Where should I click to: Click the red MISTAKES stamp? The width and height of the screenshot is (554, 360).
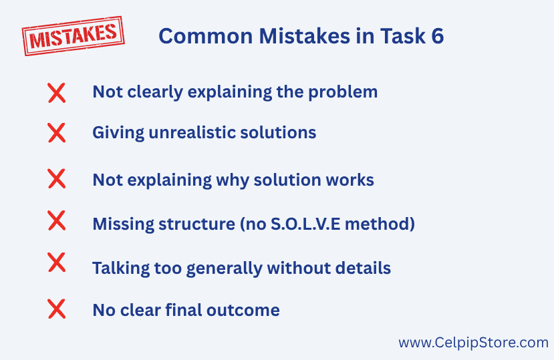pos(73,35)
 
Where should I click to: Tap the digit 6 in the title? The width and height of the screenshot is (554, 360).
pos(438,36)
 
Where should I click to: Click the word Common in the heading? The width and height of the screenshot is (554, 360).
pos(206,36)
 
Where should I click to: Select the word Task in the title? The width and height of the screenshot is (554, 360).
pos(403,36)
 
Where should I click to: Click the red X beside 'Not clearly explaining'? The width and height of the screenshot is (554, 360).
pos(57,93)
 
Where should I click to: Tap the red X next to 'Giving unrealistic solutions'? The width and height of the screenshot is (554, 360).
pos(57,133)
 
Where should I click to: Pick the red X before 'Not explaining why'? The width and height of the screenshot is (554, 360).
pos(57,178)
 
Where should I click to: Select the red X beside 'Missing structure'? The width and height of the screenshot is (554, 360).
pos(57,220)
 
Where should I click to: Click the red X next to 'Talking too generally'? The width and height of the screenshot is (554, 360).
pos(57,262)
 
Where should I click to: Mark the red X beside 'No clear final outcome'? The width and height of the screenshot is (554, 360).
pos(57,309)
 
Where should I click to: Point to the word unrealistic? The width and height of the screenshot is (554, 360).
pos(192,133)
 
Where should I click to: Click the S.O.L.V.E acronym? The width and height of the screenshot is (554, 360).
pos(305,224)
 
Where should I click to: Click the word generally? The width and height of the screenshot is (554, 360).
pos(225,268)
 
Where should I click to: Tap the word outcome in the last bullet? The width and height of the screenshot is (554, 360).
pos(243,310)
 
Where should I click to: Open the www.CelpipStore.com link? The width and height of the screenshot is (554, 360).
pos(473,343)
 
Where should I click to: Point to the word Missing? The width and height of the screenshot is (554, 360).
pos(124,224)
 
